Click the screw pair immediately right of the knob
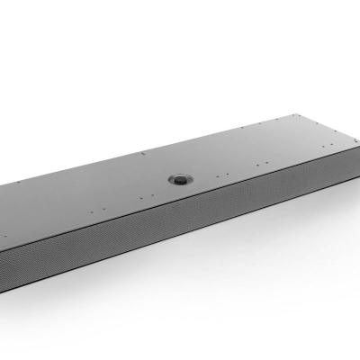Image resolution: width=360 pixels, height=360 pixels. point(222,175)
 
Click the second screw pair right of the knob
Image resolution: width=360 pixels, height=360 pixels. point(262,164)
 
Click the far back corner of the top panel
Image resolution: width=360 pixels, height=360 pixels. point(298,114)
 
